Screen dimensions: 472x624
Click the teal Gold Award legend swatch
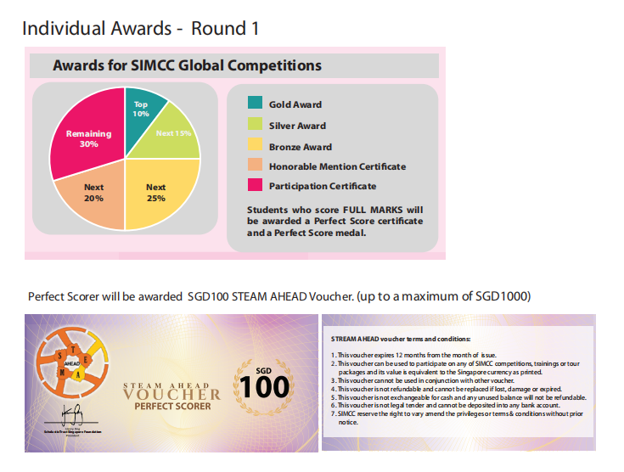click(x=255, y=104)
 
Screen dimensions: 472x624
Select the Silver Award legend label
click(x=297, y=125)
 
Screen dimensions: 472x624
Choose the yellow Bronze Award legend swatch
click(x=255, y=144)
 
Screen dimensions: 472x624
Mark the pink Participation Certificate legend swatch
click(x=255, y=185)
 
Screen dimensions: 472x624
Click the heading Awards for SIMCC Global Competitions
click(x=187, y=65)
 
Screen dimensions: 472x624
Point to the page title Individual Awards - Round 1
click(x=140, y=28)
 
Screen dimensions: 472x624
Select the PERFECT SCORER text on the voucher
click(x=172, y=408)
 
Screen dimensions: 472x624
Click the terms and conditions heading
click(x=394, y=339)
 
